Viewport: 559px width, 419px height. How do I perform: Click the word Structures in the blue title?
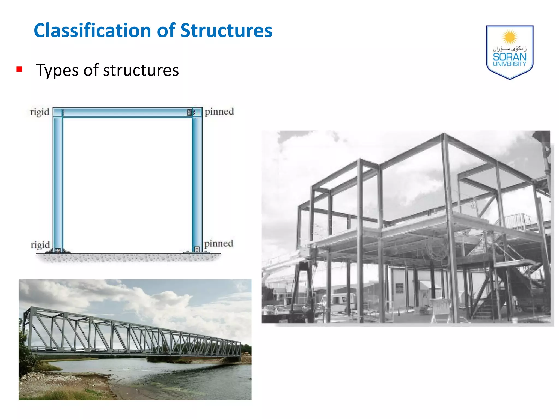point(226,31)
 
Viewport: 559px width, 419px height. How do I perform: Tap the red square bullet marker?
point(19,69)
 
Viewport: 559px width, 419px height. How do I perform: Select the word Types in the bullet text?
point(57,70)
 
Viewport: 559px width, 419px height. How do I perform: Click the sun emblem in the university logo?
point(509,37)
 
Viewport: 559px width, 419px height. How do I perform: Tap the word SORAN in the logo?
point(509,57)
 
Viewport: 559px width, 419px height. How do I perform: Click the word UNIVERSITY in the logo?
point(509,64)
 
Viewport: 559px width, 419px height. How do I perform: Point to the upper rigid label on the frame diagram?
point(40,112)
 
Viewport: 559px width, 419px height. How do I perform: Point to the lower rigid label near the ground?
point(40,245)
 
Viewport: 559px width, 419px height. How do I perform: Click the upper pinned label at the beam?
point(219,112)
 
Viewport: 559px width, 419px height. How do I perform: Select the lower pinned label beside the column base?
point(219,243)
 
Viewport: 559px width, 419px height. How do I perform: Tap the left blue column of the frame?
point(58,183)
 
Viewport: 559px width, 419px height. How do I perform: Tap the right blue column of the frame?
point(197,183)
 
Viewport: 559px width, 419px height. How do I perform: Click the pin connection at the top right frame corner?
point(190,112)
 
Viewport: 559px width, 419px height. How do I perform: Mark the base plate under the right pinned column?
point(197,252)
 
